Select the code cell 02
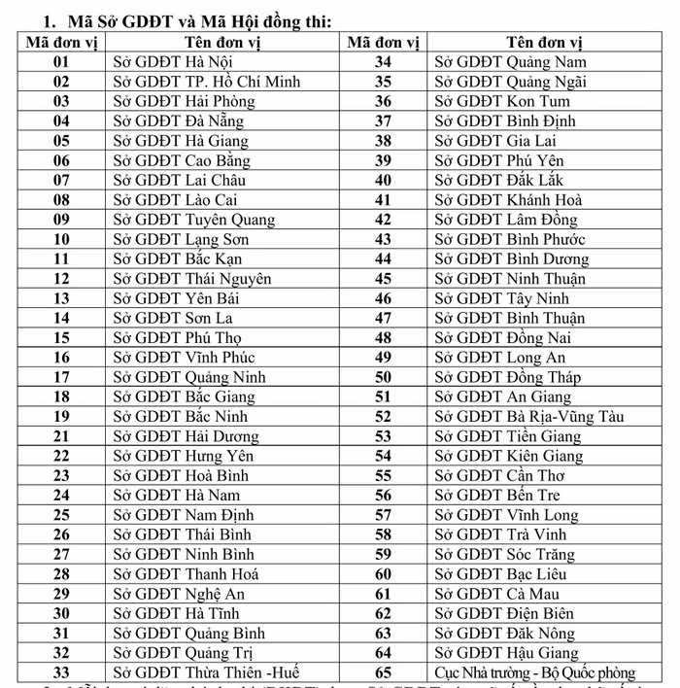coord(61,82)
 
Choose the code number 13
coord(61,298)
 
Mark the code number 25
coord(61,515)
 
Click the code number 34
coord(383,62)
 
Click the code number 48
coord(383,338)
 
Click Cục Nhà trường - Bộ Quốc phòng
coord(534,672)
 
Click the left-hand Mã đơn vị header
coord(61,43)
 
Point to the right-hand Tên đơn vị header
coord(544,43)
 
